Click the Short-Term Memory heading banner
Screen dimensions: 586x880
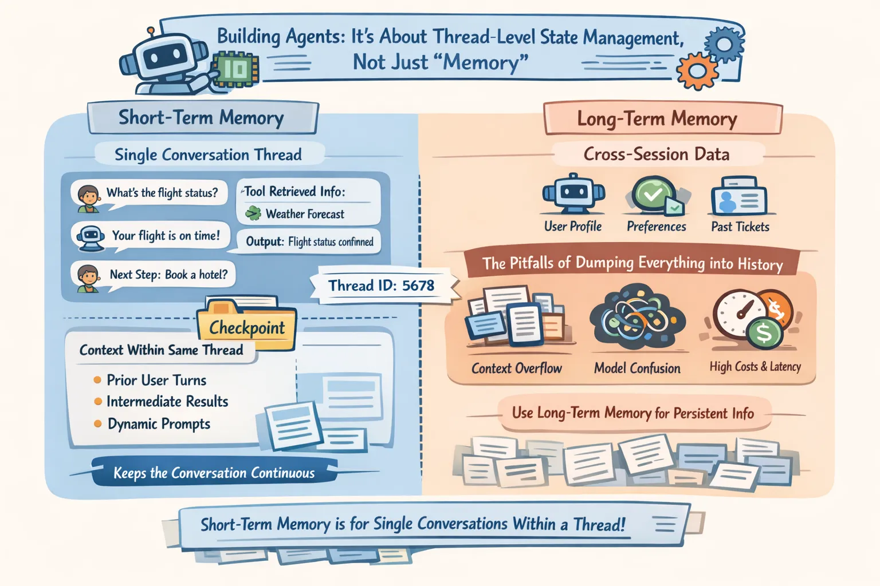coord(202,118)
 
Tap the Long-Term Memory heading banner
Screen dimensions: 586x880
coord(657,119)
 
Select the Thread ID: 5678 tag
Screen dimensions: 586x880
coord(382,285)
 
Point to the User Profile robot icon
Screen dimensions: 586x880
coord(573,195)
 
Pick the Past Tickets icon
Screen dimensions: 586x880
coord(739,196)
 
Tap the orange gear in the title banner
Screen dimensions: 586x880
coord(697,70)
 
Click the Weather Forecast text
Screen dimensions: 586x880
coord(305,215)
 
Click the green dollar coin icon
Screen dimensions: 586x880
coord(764,332)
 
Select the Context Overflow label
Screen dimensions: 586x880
coord(517,369)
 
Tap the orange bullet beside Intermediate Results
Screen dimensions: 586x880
coord(98,402)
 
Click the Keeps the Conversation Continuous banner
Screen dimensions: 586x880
coord(214,473)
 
